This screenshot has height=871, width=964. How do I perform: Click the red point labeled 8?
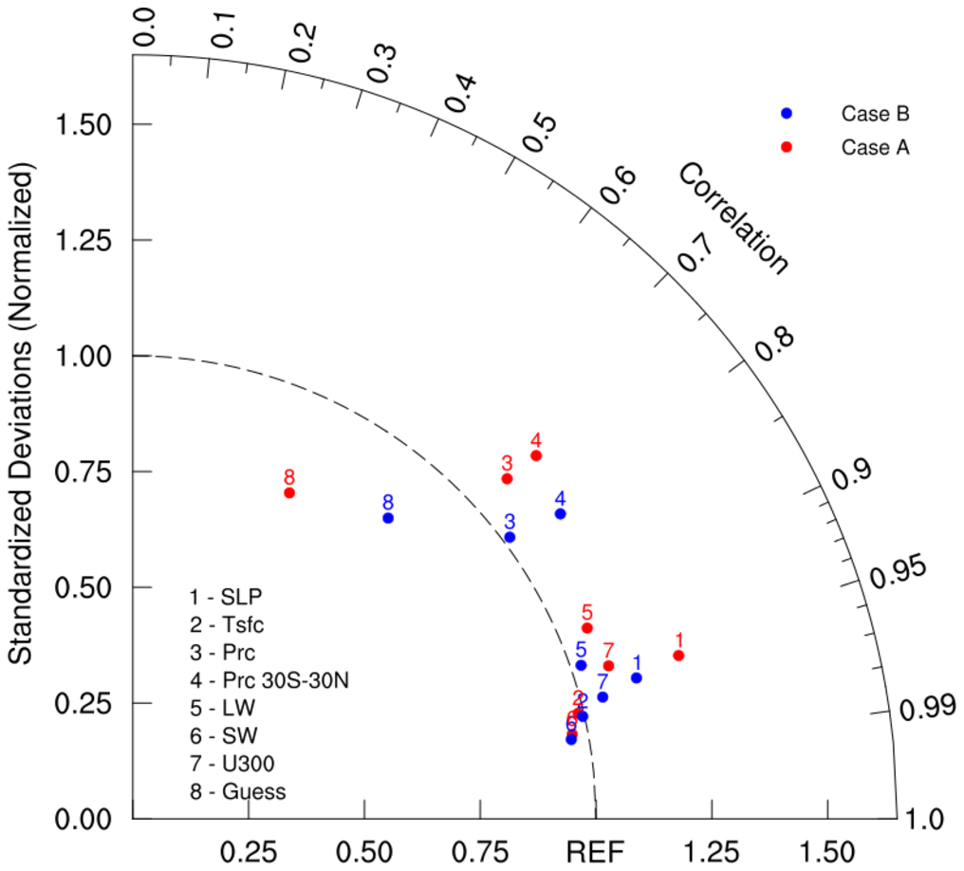(289, 492)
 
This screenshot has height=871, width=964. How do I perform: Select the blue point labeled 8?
(388, 518)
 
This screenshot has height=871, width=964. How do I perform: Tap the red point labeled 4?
(536, 455)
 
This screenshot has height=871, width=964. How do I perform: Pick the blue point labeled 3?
(510, 537)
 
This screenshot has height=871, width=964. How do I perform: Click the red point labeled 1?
(678, 656)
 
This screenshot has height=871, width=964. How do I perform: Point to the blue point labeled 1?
(637, 677)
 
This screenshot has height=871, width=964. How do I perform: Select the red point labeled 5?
(587, 628)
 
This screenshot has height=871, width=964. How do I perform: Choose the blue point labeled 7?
(602, 697)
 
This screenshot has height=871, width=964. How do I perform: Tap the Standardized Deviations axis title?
(22, 417)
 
